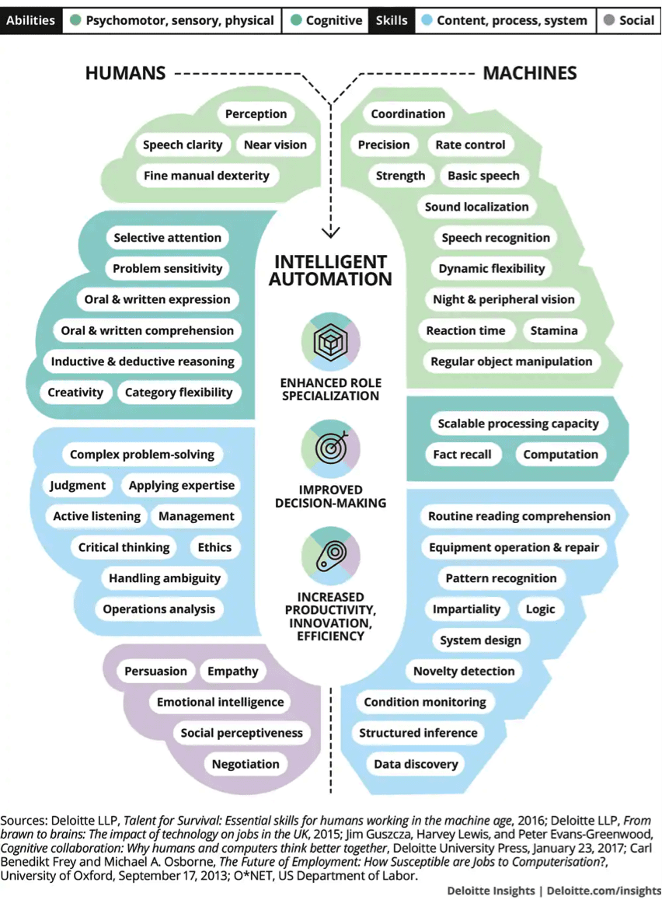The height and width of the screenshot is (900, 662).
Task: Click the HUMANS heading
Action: (x=125, y=73)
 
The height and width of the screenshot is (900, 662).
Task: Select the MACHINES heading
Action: (x=529, y=73)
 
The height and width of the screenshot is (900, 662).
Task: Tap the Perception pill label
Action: (x=256, y=113)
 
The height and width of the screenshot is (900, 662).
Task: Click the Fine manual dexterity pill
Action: (x=207, y=176)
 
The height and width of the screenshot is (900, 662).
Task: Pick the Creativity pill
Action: (x=75, y=392)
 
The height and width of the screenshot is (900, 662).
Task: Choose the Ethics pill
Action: (x=214, y=548)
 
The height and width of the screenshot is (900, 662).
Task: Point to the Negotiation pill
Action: (x=246, y=764)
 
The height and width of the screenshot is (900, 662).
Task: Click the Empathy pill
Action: (x=233, y=671)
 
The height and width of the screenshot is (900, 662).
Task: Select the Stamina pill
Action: (x=554, y=330)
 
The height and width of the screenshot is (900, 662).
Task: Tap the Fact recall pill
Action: (x=462, y=455)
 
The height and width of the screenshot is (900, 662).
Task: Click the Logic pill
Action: (x=540, y=609)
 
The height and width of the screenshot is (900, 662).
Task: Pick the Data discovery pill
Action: (x=416, y=764)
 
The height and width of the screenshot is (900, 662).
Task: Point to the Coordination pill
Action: (x=408, y=113)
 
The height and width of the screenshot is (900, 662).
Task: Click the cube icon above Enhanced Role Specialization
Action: (x=330, y=342)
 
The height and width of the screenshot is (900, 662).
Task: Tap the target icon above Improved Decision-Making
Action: (x=330, y=449)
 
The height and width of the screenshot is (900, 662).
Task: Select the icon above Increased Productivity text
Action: (x=330, y=556)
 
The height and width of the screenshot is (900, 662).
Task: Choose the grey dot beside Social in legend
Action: (x=609, y=20)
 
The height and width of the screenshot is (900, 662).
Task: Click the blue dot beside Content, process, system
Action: (x=427, y=20)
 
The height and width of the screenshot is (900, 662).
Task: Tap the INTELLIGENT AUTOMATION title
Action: (x=330, y=270)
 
